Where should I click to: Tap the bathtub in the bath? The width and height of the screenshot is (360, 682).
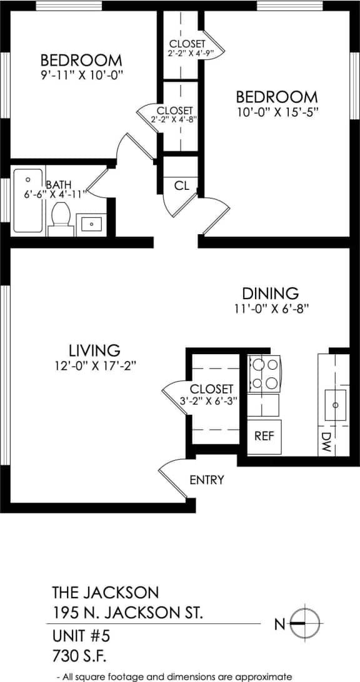[x=28, y=200]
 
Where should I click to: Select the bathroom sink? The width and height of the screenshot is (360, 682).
[x=91, y=223]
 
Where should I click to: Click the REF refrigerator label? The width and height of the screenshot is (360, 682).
[x=264, y=436]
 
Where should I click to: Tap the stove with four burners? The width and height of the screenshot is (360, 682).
[x=264, y=373]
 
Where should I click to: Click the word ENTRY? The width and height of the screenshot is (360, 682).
[x=207, y=480]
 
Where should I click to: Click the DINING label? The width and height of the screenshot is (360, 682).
[x=271, y=293]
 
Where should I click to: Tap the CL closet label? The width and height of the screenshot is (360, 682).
[x=182, y=185]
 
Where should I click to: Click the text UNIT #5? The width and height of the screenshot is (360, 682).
[x=81, y=636]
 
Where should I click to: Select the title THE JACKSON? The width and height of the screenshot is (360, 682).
[x=105, y=591]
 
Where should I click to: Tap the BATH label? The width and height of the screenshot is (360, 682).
[x=58, y=184]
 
